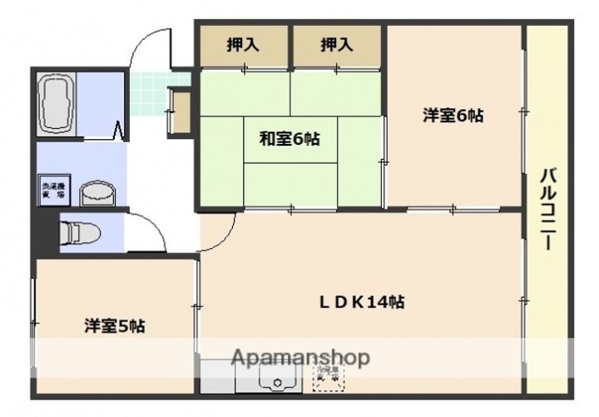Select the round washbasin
[x=97, y=191]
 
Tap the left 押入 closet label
[x=243, y=45]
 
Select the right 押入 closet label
[x=337, y=45]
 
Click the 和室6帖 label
[x=288, y=140]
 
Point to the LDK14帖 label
[x=364, y=302]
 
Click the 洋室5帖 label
[x=115, y=326]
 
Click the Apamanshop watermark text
[x=301, y=359]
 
